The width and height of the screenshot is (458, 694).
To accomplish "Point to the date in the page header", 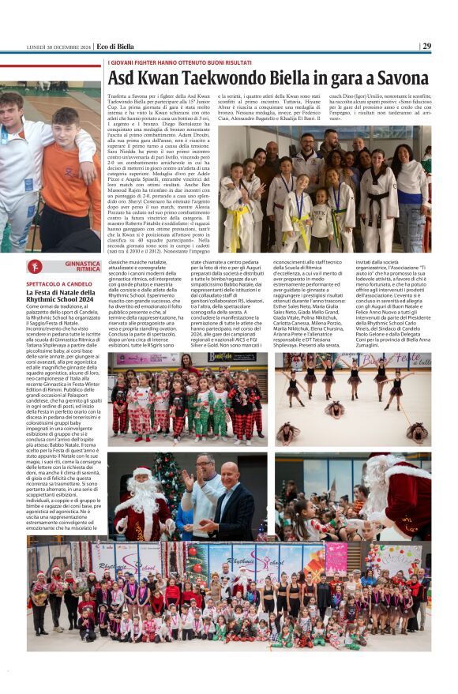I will click(x=59, y=46).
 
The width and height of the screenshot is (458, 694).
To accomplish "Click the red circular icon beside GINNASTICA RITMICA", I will click(x=35, y=266).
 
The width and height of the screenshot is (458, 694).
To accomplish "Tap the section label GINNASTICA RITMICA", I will click(x=82, y=266).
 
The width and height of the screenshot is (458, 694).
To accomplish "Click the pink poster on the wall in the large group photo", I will click(x=337, y=557).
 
